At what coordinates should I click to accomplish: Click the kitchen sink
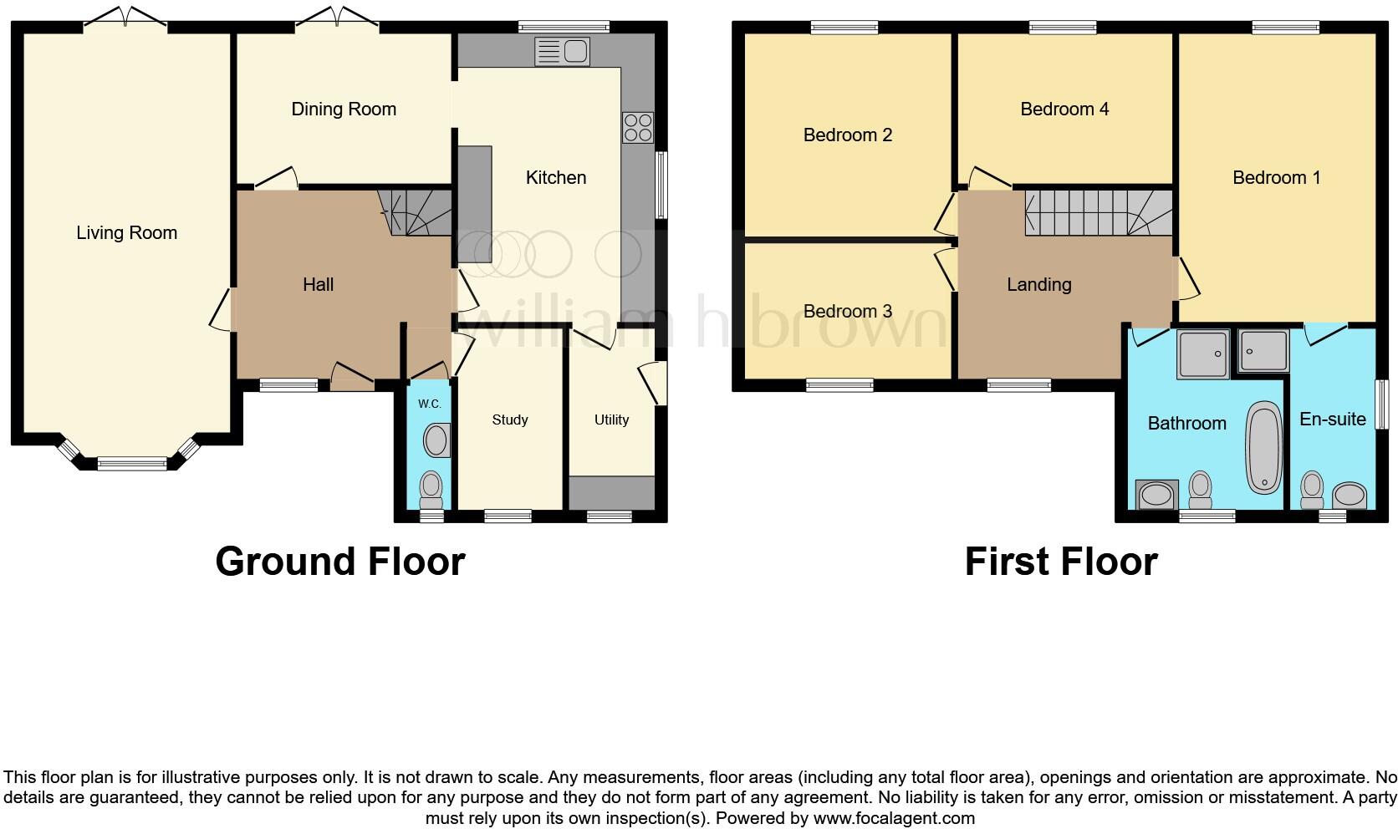click(562, 52)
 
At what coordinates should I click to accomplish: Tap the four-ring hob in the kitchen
click(638, 128)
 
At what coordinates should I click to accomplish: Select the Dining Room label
click(344, 109)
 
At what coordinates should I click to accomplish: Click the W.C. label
click(429, 404)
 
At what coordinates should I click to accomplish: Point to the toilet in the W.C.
click(431, 488)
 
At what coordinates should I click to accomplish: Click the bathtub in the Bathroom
click(1263, 447)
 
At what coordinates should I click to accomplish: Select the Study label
click(509, 420)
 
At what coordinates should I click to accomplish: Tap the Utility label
click(611, 420)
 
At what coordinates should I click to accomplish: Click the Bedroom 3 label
click(847, 312)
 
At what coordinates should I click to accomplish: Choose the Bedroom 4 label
click(1064, 109)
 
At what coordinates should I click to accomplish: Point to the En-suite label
click(1332, 419)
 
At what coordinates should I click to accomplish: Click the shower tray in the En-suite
click(1263, 350)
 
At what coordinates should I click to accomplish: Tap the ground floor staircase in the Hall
click(415, 212)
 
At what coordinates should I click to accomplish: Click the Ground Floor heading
click(339, 562)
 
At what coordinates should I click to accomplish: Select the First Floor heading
click(1060, 562)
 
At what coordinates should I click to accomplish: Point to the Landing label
click(1038, 285)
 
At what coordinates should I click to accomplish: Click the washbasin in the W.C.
click(436, 440)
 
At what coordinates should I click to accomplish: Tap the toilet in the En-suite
click(1312, 490)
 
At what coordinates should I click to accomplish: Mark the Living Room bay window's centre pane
click(132, 463)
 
